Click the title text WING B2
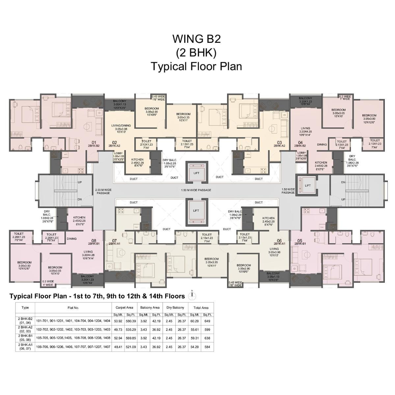pyautogui.click(x=197, y=39)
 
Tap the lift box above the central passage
pyautogui.click(x=196, y=173)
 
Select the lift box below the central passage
pyautogui.click(x=196, y=211)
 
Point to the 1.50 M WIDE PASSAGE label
pyautogui.click(x=196, y=190)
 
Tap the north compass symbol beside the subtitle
pyautogui.click(x=191, y=296)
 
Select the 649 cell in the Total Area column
pyautogui.click(x=207, y=321)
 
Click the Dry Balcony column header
pyautogui.click(x=175, y=307)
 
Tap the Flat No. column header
pyautogui.click(x=73, y=308)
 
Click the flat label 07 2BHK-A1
pyautogui.click(x=114, y=242)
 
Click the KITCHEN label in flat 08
pyautogui.click(x=79, y=219)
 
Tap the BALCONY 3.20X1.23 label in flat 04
pyautogui.click(x=305, y=100)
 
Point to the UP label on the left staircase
pyautogui.click(x=80, y=182)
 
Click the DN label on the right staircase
pyautogui.click(x=343, y=182)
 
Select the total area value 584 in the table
pyautogui.click(x=207, y=347)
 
